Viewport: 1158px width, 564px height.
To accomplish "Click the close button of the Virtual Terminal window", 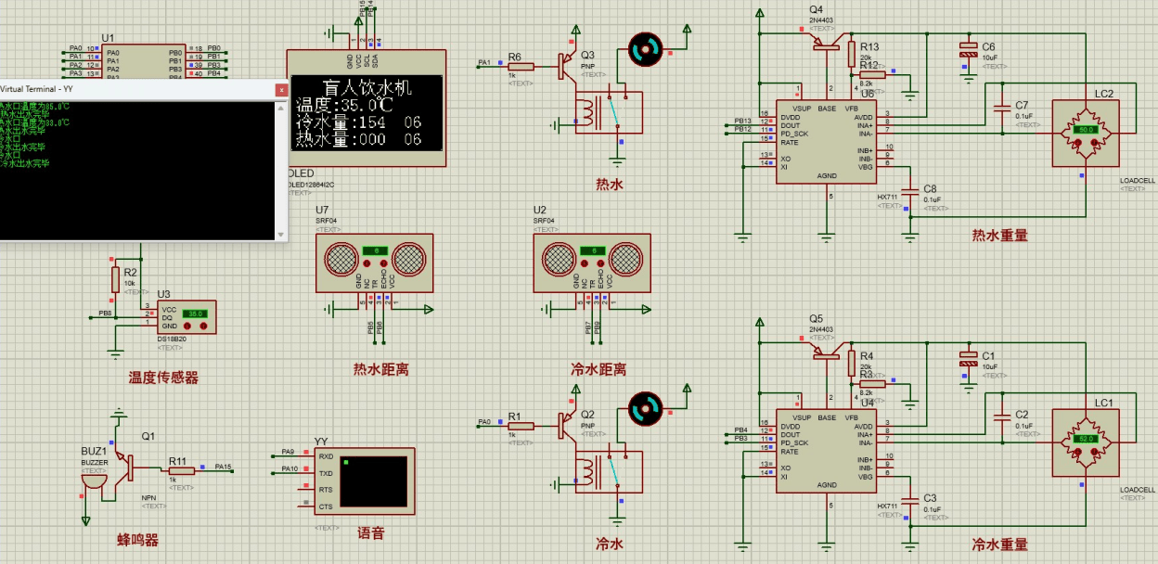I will (x=281, y=89).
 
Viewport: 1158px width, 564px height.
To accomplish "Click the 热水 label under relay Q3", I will (x=609, y=185).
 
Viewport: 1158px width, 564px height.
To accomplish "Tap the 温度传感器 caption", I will (x=163, y=378).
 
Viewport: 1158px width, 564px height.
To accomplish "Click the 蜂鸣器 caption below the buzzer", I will (x=137, y=540).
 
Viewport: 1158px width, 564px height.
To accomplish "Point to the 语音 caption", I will (x=370, y=533).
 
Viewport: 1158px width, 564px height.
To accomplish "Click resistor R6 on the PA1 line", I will (x=521, y=66).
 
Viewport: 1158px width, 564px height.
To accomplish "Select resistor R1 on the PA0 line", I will (x=521, y=426).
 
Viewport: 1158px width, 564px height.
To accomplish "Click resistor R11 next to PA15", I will (x=182, y=470).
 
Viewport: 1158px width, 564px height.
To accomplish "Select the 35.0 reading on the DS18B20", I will (x=195, y=314).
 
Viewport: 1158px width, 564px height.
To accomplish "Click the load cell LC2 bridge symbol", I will (x=1086, y=131).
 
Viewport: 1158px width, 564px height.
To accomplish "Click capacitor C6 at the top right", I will (x=969, y=53).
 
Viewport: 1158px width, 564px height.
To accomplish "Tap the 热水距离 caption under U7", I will (x=380, y=369).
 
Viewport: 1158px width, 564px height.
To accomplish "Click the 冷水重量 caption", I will (x=999, y=545).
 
